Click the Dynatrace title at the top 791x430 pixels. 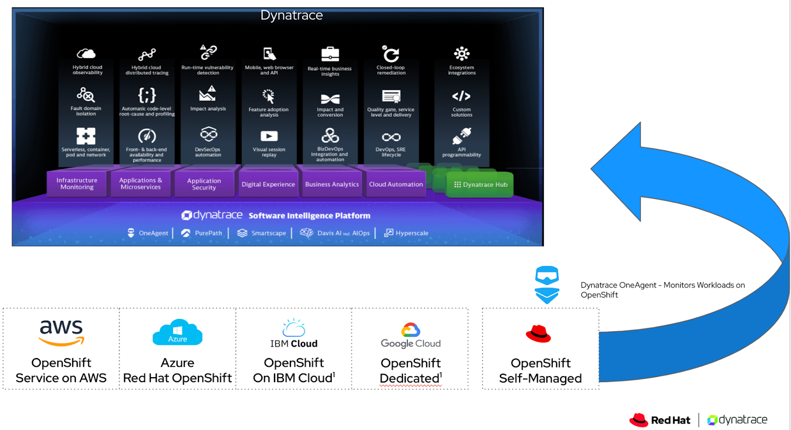(x=292, y=15)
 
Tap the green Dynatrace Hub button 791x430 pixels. (x=481, y=185)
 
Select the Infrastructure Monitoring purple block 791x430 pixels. (x=77, y=184)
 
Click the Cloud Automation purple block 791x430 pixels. (x=395, y=184)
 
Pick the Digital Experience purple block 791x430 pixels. (x=268, y=184)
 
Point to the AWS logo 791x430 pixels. (x=61, y=332)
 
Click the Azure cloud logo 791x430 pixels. (x=177, y=332)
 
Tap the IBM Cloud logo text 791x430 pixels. (x=294, y=344)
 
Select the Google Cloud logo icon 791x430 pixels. (x=410, y=330)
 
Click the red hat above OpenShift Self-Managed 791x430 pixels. (x=538, y=334)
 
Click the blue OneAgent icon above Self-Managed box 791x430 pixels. (x=547, y=285)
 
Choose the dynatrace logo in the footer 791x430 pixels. (x=737, y=420)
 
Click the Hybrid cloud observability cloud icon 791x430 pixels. (x=86, y=53)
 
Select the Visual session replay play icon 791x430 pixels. (x=269, y=136)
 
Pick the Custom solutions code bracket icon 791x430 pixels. (x=461, y=96)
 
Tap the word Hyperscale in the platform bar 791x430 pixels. (x=412, y=233)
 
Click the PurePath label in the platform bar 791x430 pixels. (x=208, y=233)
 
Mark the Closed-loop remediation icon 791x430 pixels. (x=391, y=54)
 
